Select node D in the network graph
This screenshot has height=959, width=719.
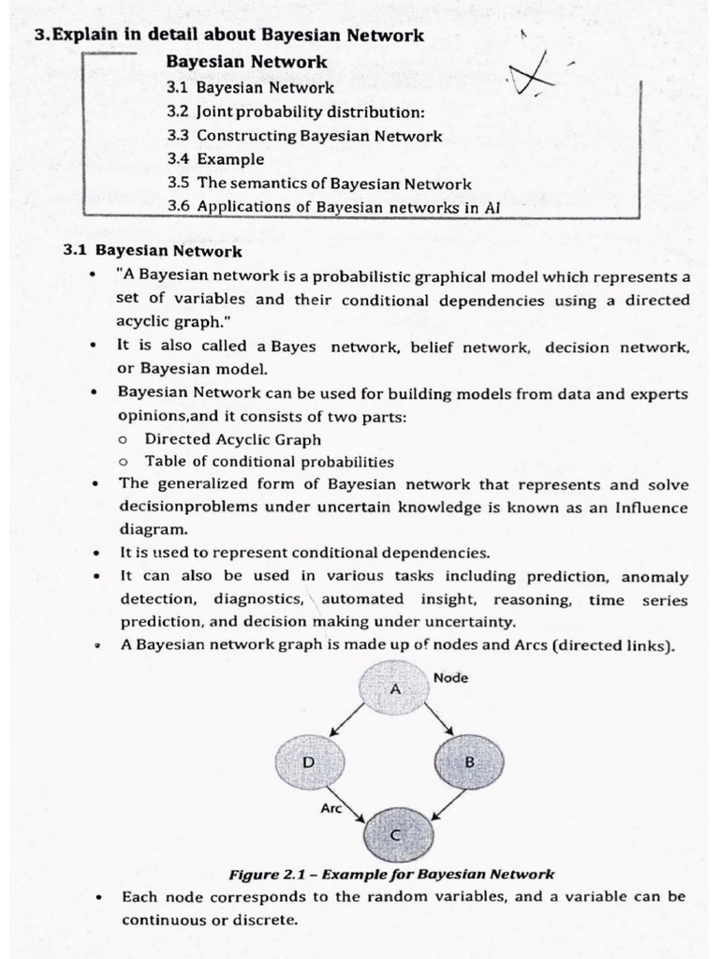[x=309, y=762]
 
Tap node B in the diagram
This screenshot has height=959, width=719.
[x=468, y=762]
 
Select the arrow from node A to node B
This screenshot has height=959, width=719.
[x=439, y=720]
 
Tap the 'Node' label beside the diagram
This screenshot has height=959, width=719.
[x=451, y=676]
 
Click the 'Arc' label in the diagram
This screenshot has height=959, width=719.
[x=331, y=806]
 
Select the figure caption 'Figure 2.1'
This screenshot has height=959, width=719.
[x=391, y=875]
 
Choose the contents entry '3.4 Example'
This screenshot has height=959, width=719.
[x=215, y=159]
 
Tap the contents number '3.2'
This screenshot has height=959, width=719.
[x=178, y=111]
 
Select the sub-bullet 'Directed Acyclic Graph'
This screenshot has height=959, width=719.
[x=232, y=439]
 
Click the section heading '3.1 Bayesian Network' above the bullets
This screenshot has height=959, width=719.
[x=152, y=251]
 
